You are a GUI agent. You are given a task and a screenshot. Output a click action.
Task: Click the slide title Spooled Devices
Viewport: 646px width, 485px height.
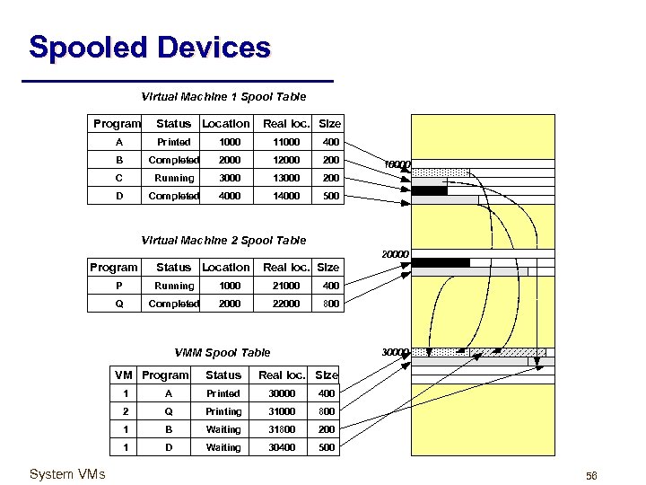coord(149,47)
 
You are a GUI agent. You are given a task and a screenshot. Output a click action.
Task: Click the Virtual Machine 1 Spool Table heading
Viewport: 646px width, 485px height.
coord(223,96)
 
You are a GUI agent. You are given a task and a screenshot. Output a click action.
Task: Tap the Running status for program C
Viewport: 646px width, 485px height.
coord(174,178)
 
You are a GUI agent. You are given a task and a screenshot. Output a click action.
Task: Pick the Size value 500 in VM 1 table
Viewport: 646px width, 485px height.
coord(330,196)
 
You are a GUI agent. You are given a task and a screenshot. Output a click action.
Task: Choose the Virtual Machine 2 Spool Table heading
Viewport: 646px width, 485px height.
coord(223,240)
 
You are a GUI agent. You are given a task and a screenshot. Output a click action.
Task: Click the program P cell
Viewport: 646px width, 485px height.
coord(119,286)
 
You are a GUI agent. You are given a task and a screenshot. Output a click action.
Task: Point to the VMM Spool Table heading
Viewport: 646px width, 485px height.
coord(221,353)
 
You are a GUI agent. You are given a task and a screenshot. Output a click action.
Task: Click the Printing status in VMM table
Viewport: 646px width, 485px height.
coord(223,411)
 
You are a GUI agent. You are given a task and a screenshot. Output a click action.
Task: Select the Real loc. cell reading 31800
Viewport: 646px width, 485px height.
coord(282,429)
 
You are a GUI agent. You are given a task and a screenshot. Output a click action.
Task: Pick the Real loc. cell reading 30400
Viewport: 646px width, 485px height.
coord(282,447)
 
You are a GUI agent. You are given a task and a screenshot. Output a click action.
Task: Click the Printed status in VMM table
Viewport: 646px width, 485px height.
coord(223,393)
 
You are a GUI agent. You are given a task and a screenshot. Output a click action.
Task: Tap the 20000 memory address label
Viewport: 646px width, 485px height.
coord(396,255)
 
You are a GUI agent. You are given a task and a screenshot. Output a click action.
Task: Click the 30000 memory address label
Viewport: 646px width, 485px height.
coord(396,351)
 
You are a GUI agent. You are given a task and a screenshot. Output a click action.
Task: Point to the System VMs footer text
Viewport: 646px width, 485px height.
coord(67,473)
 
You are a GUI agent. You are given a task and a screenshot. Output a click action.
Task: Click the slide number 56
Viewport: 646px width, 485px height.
coord(591,475)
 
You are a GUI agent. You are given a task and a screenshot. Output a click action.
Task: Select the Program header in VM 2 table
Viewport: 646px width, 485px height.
coord(114,267)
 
